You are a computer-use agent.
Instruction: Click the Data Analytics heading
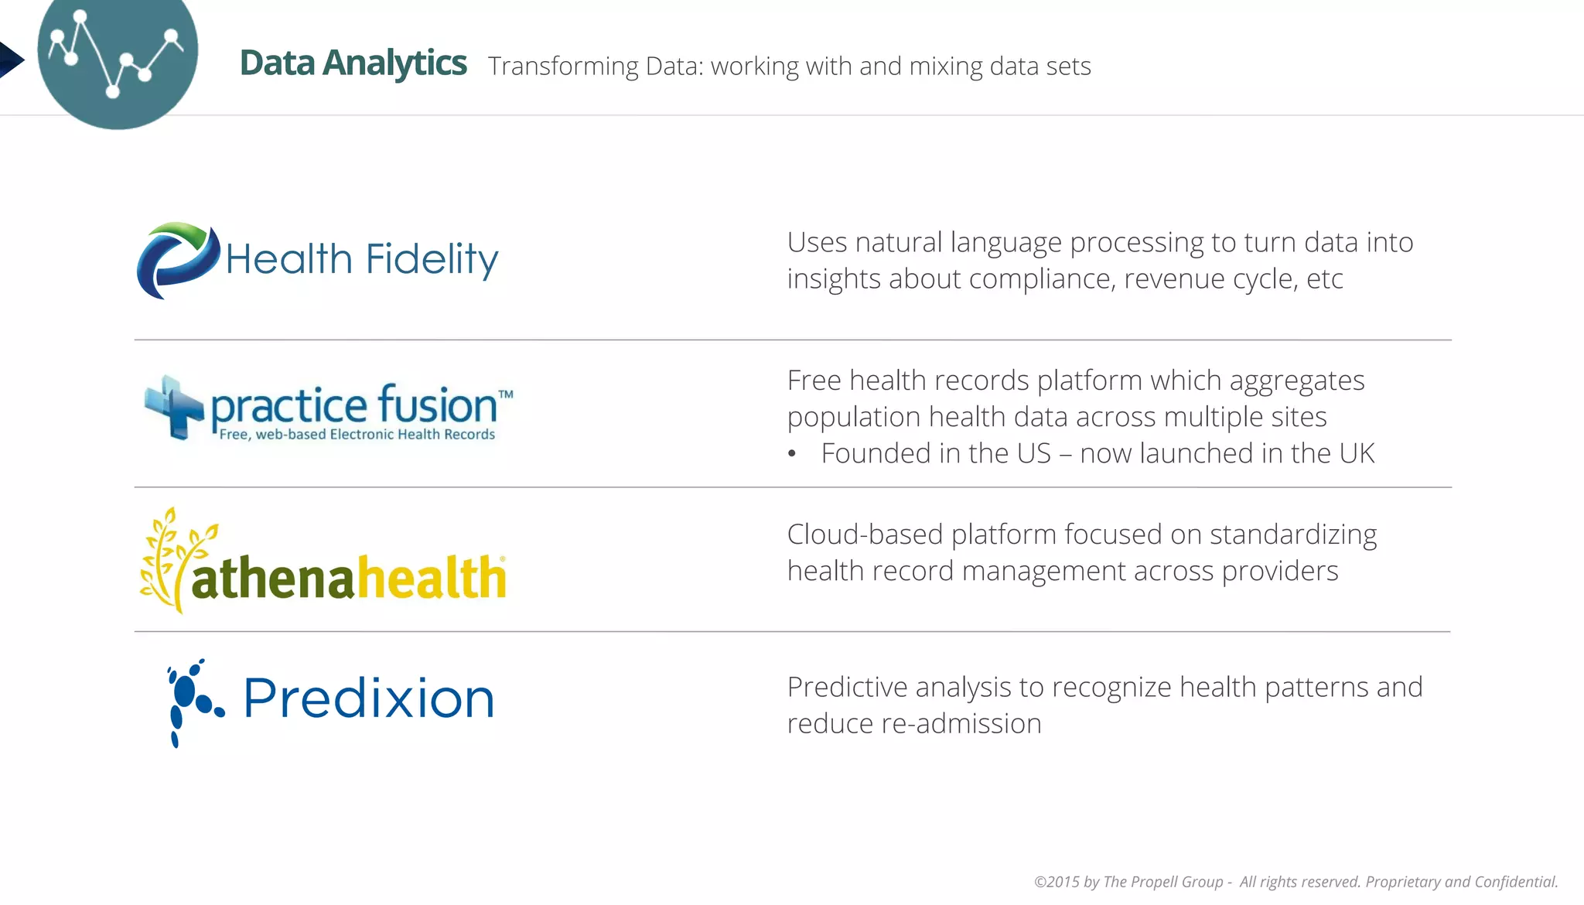(353, 63)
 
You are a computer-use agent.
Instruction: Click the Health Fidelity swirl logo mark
(177, 261)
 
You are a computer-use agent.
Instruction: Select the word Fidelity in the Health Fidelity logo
(432, 259)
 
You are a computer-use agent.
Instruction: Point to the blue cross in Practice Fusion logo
(174, 407)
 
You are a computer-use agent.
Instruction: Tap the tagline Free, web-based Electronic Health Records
(357, 435)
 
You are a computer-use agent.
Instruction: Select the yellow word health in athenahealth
(430, 578)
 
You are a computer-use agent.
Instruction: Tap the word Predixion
(369, 698)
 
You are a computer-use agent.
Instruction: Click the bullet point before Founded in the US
(791, 454)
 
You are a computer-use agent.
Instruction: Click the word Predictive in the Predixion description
(845, 687)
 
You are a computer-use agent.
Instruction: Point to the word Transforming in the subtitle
(563, 67)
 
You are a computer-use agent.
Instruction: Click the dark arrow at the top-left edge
(10, 60)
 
